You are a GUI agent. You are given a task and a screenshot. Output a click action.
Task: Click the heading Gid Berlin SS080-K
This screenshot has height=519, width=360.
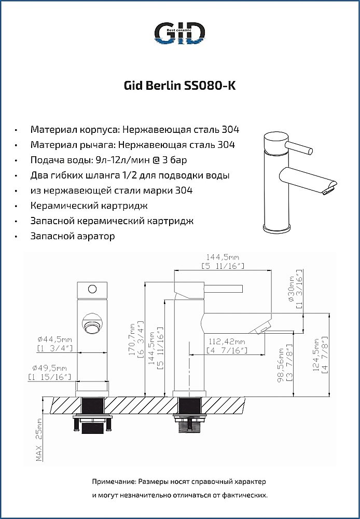pyautogui.click(x=179, y=86)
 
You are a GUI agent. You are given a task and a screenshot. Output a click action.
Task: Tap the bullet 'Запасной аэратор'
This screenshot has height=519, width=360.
pyautogui.click(x=73, y=236)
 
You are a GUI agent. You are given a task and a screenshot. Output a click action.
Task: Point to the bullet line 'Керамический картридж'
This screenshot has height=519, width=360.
pyautogui.click(x=89, y=206)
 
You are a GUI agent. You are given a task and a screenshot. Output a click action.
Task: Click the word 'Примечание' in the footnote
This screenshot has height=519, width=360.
pyautogui.click(x=114, y=482)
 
